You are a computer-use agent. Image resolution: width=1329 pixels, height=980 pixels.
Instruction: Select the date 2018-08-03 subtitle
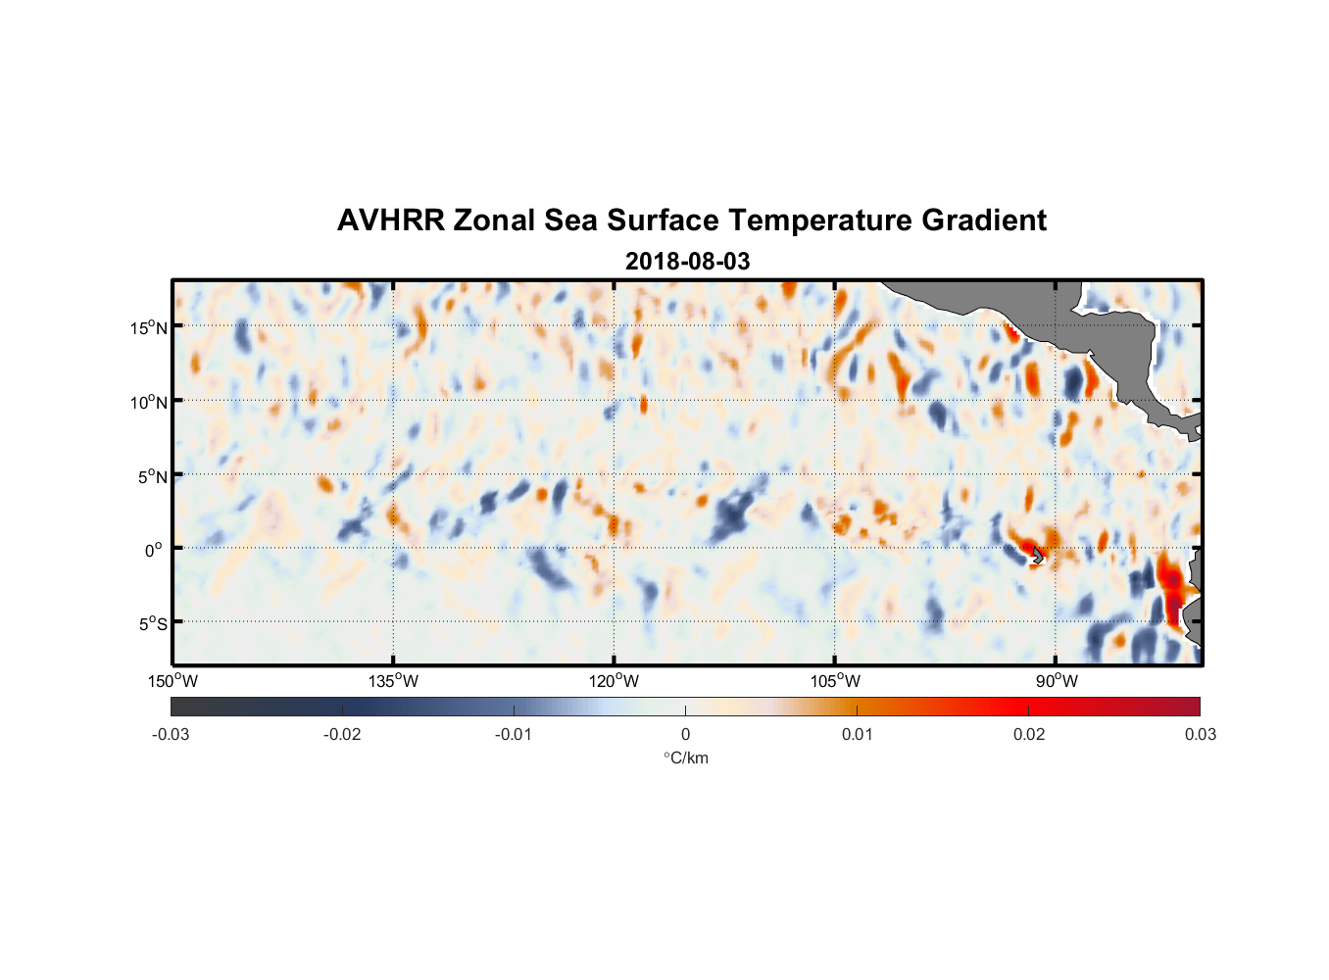(x=687, y=262)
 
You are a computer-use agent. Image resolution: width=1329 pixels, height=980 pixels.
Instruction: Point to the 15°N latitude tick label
(x=148, y=327)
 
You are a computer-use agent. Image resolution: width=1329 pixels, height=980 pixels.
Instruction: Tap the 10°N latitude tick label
(x=148, y=402)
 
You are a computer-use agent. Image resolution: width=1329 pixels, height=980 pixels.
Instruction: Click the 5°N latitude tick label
(x=152, y=476)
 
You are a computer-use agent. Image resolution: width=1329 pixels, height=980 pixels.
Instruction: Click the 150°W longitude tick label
(x=172, y=681)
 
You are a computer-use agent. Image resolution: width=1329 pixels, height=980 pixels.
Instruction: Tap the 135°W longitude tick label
(x=393, y=681)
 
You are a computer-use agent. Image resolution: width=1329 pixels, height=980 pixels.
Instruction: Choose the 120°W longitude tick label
(x=614, y=681)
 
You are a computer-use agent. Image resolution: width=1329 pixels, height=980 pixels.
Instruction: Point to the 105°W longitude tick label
(x=835, y=681)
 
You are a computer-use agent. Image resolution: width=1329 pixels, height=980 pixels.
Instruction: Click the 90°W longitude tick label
(x=1056, y=681)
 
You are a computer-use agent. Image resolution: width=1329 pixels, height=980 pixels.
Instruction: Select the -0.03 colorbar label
(x=171, y=734)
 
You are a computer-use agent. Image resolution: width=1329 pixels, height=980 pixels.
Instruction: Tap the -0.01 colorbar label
(x=514, y=734)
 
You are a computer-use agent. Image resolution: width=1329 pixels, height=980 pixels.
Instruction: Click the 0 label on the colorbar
(x=685, y=734)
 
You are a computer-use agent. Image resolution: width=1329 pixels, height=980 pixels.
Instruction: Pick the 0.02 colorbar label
(x=1029, y=734)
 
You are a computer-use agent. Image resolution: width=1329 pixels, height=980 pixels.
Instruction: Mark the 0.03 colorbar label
(x=1200, y=734)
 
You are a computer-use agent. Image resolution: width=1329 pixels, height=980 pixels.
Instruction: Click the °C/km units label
(x=685, y=758)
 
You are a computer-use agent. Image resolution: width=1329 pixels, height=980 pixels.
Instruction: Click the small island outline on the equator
(x=1037, y=556)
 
